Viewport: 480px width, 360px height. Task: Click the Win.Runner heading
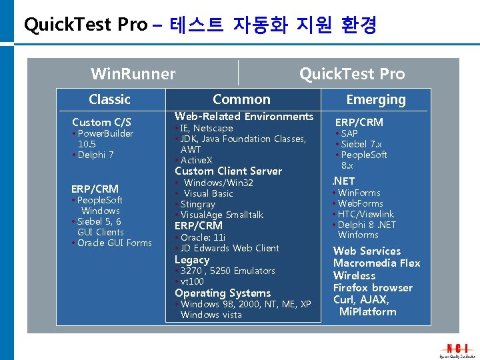coord(133,74)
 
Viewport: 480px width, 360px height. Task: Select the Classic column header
coord(109,99)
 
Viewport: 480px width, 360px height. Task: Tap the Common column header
coord(241,99)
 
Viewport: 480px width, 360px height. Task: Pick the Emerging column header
coord(376,100)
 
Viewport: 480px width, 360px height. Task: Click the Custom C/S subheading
coord(101,122)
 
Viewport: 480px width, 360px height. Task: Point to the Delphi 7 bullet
coord(95,155)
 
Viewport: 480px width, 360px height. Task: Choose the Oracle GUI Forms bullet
coord(114,243)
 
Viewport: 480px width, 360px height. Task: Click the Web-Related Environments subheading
coord(243,117)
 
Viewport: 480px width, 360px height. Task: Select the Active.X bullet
coord(197,160)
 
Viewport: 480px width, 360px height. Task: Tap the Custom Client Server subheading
coord(228,171)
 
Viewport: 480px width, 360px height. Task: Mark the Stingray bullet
coord(197,204)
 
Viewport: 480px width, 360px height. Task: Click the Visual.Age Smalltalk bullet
coord(221,215)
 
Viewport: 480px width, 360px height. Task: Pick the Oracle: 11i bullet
coord(203,237)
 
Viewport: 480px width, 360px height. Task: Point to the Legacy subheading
coord(192,260)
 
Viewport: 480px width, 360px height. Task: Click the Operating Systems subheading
coord(223,293)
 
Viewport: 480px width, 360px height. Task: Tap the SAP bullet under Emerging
coord(349,133)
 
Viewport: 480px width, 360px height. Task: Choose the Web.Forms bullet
coord(360,203)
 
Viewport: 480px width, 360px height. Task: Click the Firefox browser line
coord(373,288)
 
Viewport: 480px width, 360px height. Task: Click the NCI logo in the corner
coord(457,348)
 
